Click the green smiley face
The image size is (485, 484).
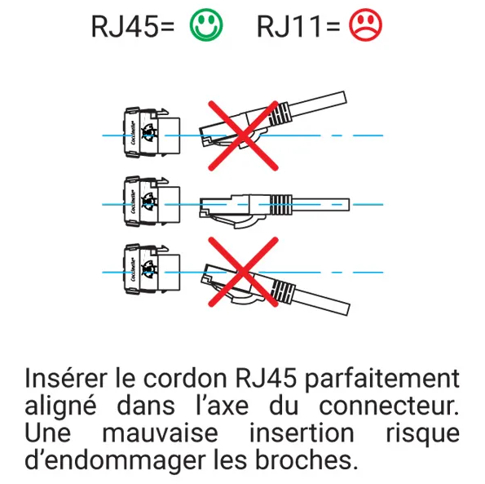coord(206,24)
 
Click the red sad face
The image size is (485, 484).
coord(366,24)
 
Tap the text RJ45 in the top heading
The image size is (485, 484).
coord(126,27)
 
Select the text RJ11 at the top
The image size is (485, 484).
coord(289,27)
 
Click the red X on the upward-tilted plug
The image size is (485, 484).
coord(244,135)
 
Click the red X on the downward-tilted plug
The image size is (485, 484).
coord(244,272)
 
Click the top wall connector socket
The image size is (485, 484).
coord(152,132)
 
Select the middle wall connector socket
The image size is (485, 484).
coord(152,202)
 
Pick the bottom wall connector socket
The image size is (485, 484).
coord(152,269)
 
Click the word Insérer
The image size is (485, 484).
coord(66,378)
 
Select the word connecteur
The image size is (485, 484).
coord(389,406)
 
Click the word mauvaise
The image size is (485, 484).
coord(161,433)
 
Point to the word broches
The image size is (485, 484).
coord(306,460)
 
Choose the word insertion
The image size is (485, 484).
coord(302,433)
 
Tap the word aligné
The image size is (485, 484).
coord(60,407)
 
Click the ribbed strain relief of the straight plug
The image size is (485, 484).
coord(281,205)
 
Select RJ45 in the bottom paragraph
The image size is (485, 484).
coord(266,378)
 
